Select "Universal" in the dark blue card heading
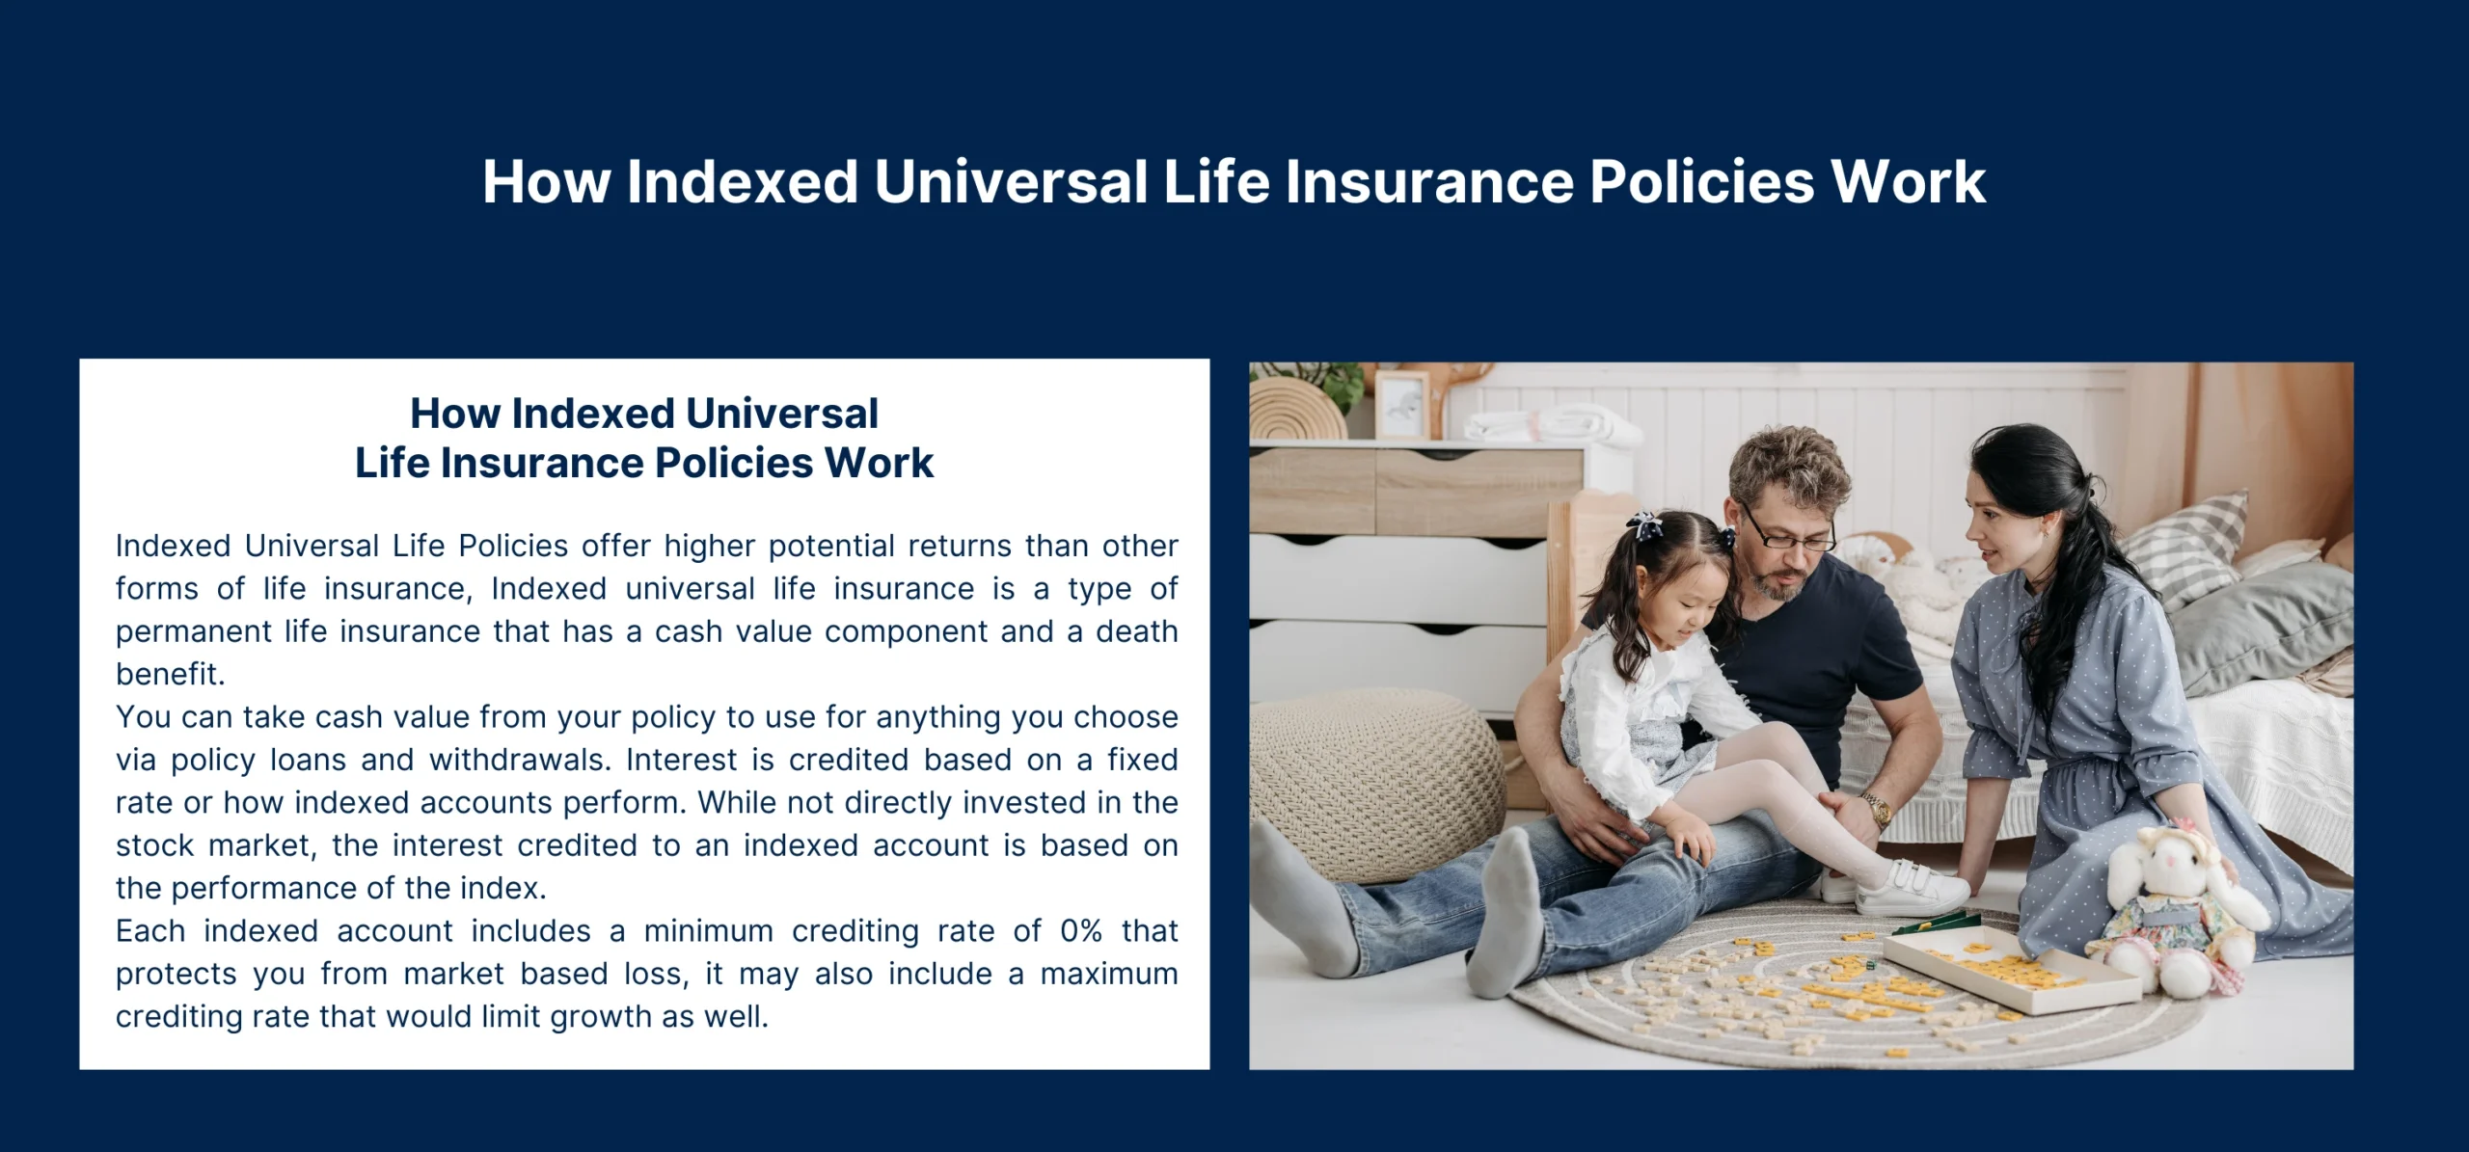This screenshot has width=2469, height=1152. [782, 414]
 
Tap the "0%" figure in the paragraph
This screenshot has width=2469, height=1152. [1080, 930]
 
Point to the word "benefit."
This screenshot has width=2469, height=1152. [171, 674]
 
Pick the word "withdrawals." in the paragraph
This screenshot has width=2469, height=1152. [520, 760]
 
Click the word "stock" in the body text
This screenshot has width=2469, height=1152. [155, 845]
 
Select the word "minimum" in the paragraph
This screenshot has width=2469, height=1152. [709, 930]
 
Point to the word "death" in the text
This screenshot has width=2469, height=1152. [1137, 631]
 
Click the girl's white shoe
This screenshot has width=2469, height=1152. [1910, 888]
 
